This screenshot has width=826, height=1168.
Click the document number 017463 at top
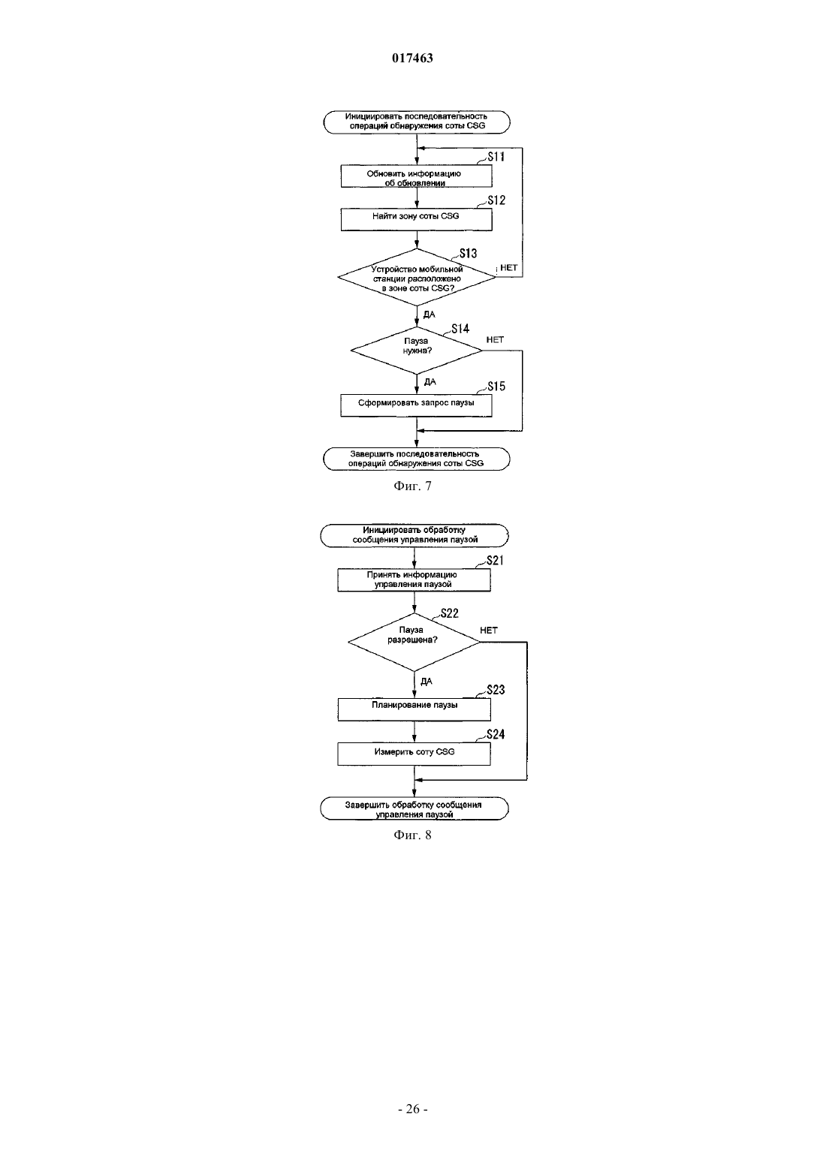[412, 58]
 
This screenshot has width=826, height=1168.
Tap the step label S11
[496, 156]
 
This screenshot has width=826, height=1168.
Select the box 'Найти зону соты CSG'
[416, 219]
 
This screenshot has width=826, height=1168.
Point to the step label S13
[468, 254]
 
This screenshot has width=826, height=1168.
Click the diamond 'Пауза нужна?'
[416, 351]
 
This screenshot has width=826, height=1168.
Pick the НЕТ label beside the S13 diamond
[508, 268]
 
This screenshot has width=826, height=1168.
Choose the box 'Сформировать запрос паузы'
[416, 405]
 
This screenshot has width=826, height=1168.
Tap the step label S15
[496, 387]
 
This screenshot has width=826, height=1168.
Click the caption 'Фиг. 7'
[412, 486]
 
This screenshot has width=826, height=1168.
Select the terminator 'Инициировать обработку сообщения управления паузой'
[415, 535]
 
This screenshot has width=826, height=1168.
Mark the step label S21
[496, 561]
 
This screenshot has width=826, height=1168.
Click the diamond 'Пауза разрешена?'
[414, 643]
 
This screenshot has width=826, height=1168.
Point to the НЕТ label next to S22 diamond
[489, 631]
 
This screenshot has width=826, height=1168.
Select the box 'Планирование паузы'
[414, 709]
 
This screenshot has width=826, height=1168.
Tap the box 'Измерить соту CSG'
[414, 754]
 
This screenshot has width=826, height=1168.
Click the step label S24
[496, 735]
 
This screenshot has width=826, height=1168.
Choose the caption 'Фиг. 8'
[412, 835]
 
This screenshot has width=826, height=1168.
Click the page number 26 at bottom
[412, 1109]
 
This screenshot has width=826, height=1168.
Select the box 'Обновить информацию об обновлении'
[416, 176]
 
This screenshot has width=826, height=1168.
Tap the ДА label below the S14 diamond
[430, 382]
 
